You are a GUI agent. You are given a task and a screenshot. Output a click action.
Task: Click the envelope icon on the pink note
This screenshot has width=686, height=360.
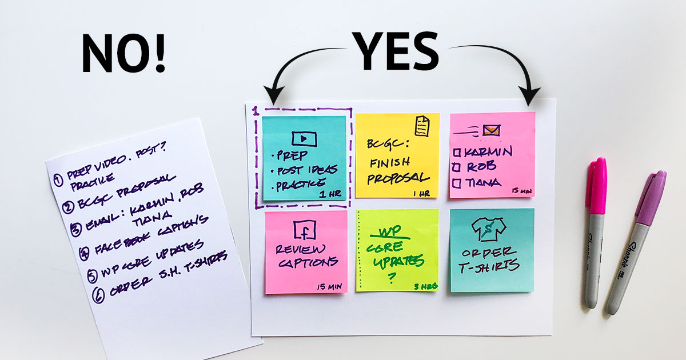[x=490, y=130]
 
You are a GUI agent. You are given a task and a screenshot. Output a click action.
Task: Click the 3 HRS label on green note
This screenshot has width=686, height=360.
[x=425, y=286]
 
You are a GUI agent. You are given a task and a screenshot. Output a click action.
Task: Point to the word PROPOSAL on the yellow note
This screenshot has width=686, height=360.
[x=398, y=178]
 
